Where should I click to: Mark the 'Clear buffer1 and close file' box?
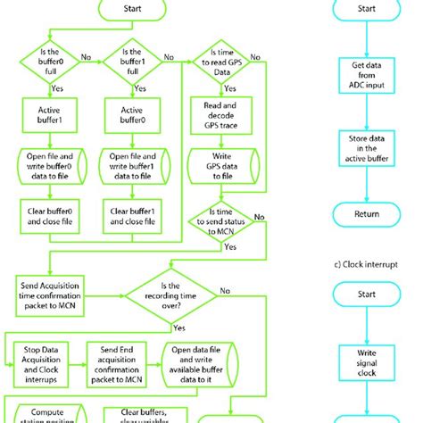125,214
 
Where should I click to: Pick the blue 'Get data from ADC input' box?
366,77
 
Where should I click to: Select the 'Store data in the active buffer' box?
366,146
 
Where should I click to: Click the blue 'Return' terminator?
366,213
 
